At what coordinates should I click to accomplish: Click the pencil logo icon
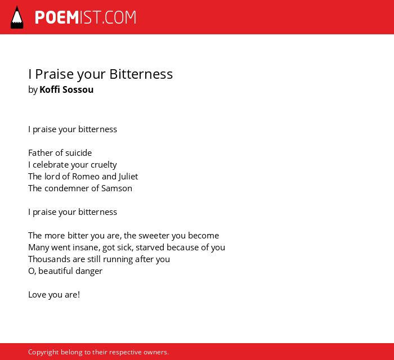(17, 17)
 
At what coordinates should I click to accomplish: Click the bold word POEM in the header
(57, 17)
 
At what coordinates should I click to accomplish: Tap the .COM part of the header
(119, 17)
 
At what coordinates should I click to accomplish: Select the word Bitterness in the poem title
(141, 74)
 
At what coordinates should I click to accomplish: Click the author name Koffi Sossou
(66, 89)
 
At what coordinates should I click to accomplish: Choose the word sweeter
(154, 236)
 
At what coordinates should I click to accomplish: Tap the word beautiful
(56, 271)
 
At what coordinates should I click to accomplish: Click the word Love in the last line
(37, 295)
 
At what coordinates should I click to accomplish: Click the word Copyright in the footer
(43, 352)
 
